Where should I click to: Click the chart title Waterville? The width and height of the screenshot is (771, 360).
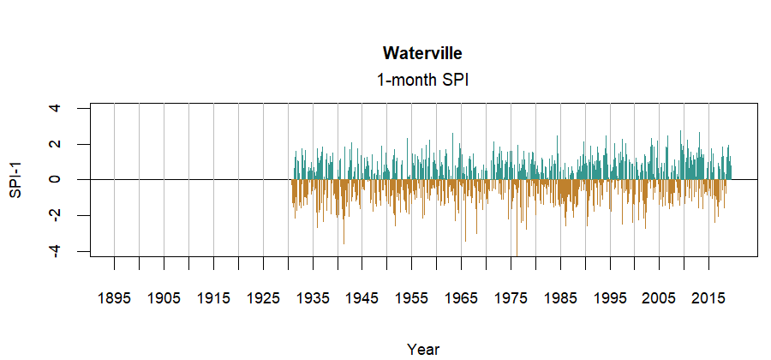pyautogui.click(x=423, y=54)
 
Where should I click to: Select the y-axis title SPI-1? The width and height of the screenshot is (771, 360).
pyautogui.click(x=15, y=179)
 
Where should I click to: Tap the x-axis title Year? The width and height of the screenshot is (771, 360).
pyautogui.click(x=423, y=349)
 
